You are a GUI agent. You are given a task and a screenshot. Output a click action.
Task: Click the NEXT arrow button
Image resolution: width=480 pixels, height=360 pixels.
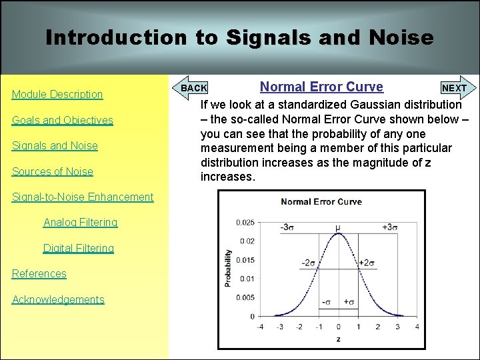tap(456, 88)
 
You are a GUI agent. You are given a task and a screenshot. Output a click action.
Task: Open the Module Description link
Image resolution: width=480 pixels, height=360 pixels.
tap(57, 95)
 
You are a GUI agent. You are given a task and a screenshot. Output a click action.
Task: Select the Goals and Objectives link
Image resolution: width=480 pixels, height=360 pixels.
tap(63, 120)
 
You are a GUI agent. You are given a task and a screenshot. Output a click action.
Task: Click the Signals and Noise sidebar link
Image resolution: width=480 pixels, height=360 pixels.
tap(55, 146)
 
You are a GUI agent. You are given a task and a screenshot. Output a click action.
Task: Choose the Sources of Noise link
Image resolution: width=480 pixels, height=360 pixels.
tap(53, 171)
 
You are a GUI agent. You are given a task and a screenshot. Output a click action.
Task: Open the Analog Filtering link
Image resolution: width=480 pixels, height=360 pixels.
tap(80, 222)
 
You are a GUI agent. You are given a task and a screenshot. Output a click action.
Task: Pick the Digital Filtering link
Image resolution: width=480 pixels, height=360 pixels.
tap(79, 248)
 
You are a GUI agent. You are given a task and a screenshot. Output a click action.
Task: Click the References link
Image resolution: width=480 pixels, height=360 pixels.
tap(39, 273)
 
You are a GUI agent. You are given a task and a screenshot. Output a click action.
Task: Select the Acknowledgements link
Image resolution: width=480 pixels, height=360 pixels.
tap(58, 299)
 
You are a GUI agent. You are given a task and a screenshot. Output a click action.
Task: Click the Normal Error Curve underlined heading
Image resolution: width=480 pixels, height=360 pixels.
tap(321, 87)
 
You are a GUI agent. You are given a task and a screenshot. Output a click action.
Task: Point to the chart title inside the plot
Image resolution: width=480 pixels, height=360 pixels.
tap(321, 202)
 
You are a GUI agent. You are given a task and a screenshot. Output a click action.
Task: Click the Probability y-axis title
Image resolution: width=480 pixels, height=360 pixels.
tap(228, 268)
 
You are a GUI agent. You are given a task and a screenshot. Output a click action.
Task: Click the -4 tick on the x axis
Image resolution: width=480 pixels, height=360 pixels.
tap(260, 327)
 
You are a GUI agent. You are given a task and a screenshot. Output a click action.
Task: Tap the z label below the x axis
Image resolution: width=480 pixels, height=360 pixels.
tap(338, 339)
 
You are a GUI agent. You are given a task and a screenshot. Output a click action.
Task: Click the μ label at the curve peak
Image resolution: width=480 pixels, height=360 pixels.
tap(338, 227)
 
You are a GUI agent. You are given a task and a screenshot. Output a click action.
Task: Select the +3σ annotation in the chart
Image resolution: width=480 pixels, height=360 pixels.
tap(391, 227)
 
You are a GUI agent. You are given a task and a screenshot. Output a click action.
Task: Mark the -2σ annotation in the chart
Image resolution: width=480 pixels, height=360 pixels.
tap(307, 263)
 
